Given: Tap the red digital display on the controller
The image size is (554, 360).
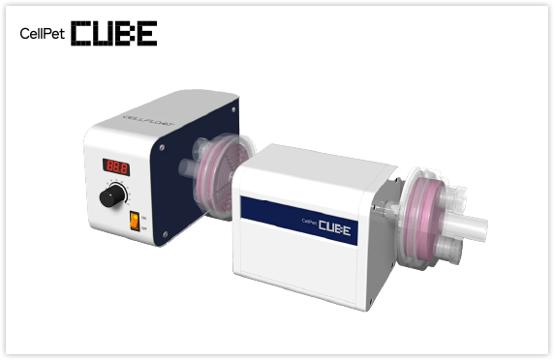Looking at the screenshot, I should (x=117, y=167).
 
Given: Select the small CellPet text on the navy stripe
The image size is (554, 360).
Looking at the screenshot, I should (x=310, y=221).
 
